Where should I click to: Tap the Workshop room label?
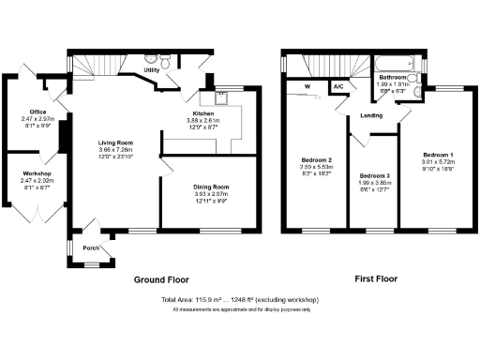point(37,173)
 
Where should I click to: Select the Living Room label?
point(117,143)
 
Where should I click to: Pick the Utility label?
point(151,70)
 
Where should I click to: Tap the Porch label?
point(92,248)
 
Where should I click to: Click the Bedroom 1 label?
point(438,154)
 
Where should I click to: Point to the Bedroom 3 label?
point(374,176)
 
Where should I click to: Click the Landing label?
point(370,116)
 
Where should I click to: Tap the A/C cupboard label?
point(337,87)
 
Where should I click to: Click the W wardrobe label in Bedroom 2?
point(307,87)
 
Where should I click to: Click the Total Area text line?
point(240,300)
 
